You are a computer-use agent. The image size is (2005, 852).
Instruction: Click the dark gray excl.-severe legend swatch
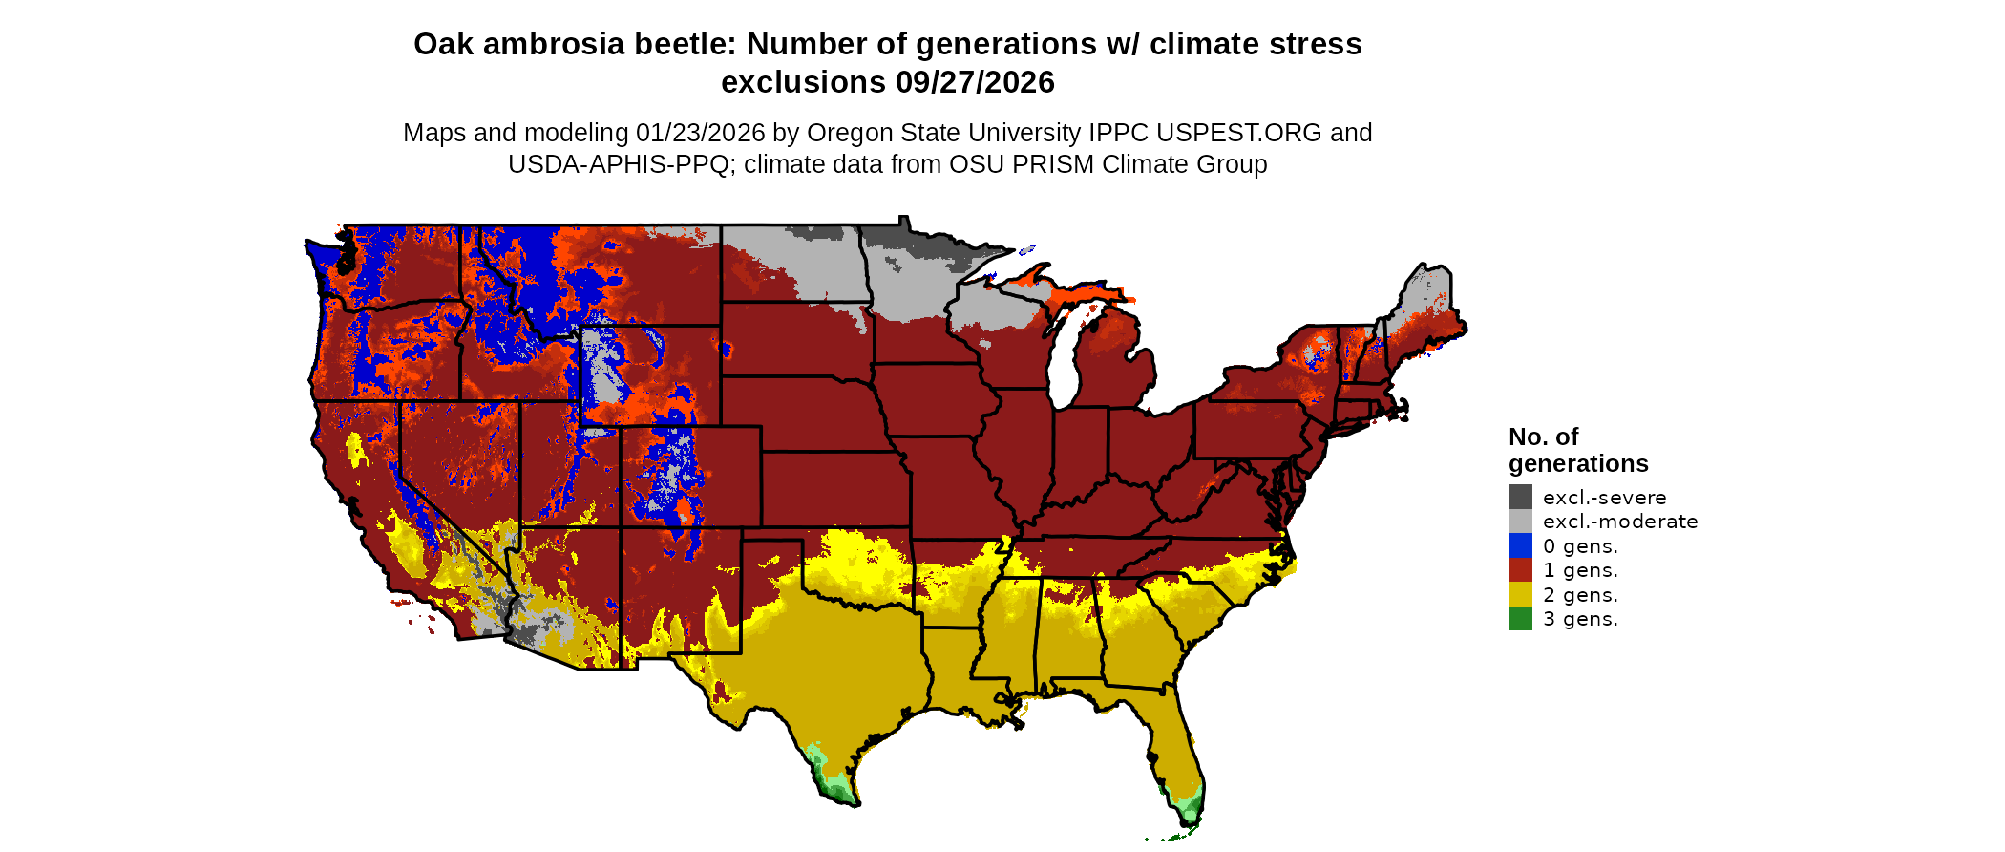pos(1520,497)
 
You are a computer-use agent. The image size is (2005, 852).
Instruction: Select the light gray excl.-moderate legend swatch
pos(1520,522)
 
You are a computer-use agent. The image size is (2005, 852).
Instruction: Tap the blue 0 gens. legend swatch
pos(1520,545)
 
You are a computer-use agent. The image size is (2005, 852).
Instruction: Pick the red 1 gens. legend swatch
pos(1520,570)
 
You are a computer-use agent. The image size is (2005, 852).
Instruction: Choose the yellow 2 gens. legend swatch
pos(1520,594)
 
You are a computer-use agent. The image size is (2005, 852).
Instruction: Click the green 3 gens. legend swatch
pos(1520,619)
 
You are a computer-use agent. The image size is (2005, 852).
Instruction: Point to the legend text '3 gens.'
pos(1580,619)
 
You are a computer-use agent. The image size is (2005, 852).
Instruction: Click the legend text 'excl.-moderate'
pos(1620,522)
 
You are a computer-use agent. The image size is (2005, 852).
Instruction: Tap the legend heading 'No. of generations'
pos(1577,450)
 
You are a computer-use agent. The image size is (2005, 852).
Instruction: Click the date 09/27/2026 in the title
pos(975,82)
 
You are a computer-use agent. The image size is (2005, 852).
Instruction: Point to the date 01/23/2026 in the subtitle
pos(700,133)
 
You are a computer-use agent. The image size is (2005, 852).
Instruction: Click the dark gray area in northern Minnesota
pos(931,245)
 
